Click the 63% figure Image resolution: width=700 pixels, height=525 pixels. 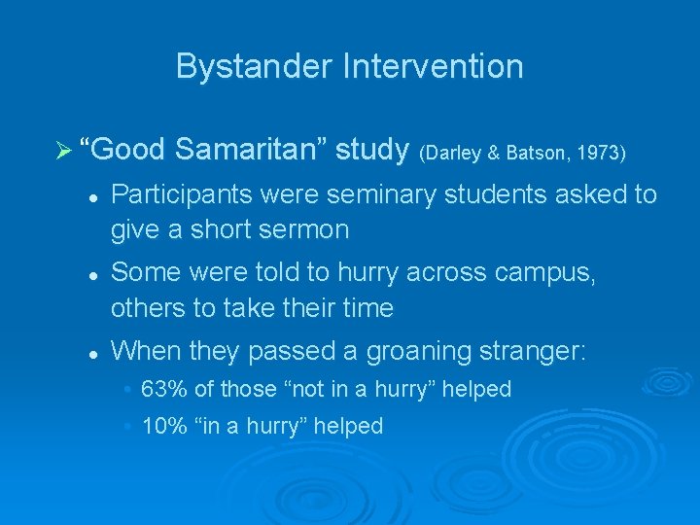click(162, 389)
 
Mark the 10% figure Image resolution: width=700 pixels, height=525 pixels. click(162, 426)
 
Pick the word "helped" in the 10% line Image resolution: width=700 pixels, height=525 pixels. click(350, 426)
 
